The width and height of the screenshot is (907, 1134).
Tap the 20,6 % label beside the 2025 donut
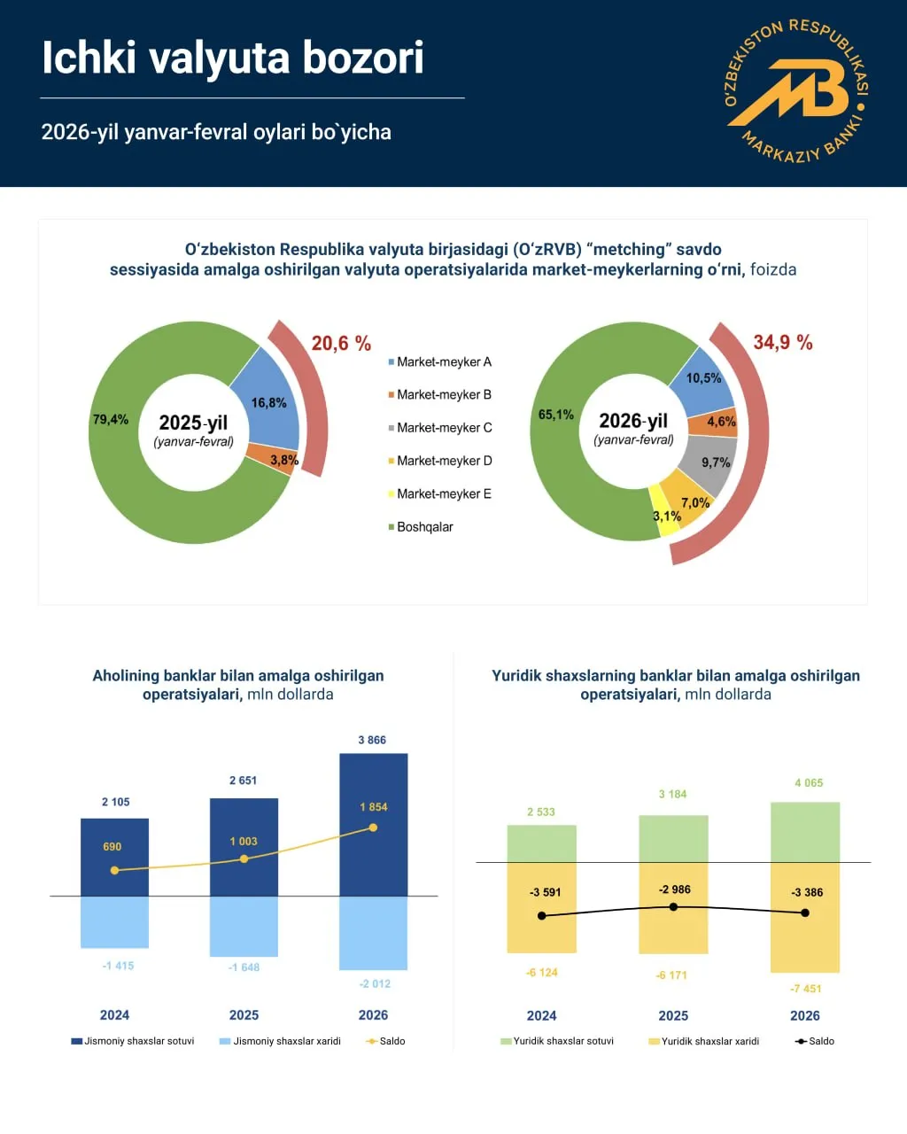point(341,344)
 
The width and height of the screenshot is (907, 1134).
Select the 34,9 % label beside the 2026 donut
point(783,343)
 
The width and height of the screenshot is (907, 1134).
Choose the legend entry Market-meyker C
point(444,428)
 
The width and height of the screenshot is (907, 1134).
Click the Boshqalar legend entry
point(424,527)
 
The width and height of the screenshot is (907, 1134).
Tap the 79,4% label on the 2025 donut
point(111,419)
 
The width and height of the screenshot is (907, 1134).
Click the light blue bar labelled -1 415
point(115,921)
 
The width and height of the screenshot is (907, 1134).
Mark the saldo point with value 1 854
point(373,827)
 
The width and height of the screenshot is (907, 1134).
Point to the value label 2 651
point(243,781)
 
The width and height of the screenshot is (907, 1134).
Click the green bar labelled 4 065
point(805,831)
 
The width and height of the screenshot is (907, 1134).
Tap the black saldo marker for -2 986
point(673,907)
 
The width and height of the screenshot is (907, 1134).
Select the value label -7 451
point(806,989)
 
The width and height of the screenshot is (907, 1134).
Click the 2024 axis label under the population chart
point(114,1015)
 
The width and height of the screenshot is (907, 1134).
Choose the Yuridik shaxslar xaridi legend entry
point(709,1041)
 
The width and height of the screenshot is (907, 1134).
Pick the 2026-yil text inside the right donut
point(633,421)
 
